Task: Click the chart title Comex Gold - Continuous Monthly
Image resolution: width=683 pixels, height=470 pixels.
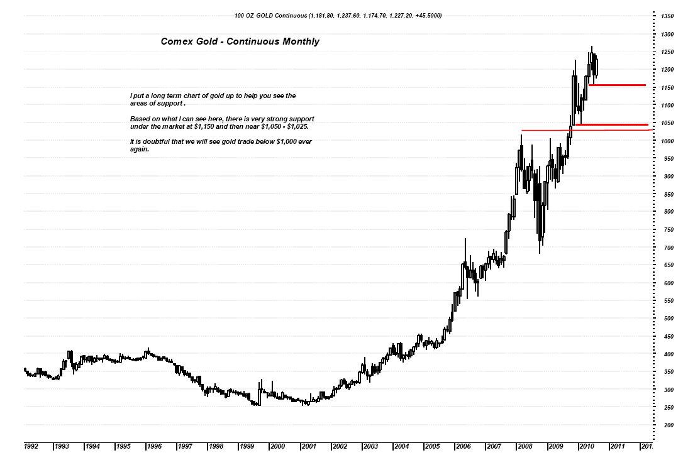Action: pos(240,41)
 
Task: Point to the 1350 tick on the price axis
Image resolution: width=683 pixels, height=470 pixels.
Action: pos(667,16)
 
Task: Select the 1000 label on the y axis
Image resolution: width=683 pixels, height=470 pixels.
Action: pos(667,141)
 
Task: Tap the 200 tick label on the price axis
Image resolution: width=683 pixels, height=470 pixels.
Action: pos(667,425)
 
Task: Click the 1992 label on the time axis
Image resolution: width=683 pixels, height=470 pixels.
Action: pos(31,446)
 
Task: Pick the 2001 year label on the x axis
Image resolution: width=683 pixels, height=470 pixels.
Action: pos(309,446)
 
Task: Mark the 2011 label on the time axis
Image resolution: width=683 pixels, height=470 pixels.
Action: pos(617,446)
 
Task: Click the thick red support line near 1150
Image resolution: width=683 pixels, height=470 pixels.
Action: pos(617,85)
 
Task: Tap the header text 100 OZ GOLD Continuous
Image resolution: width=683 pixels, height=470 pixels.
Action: pos(271,14)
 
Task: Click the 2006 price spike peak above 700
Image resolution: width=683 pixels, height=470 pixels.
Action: pos(465,241)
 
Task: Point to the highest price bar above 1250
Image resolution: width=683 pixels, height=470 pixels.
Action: pos(591,48)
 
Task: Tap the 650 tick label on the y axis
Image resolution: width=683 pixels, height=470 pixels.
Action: pos(667,265)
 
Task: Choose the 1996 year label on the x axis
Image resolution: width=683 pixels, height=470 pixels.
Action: pos(154,446)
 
